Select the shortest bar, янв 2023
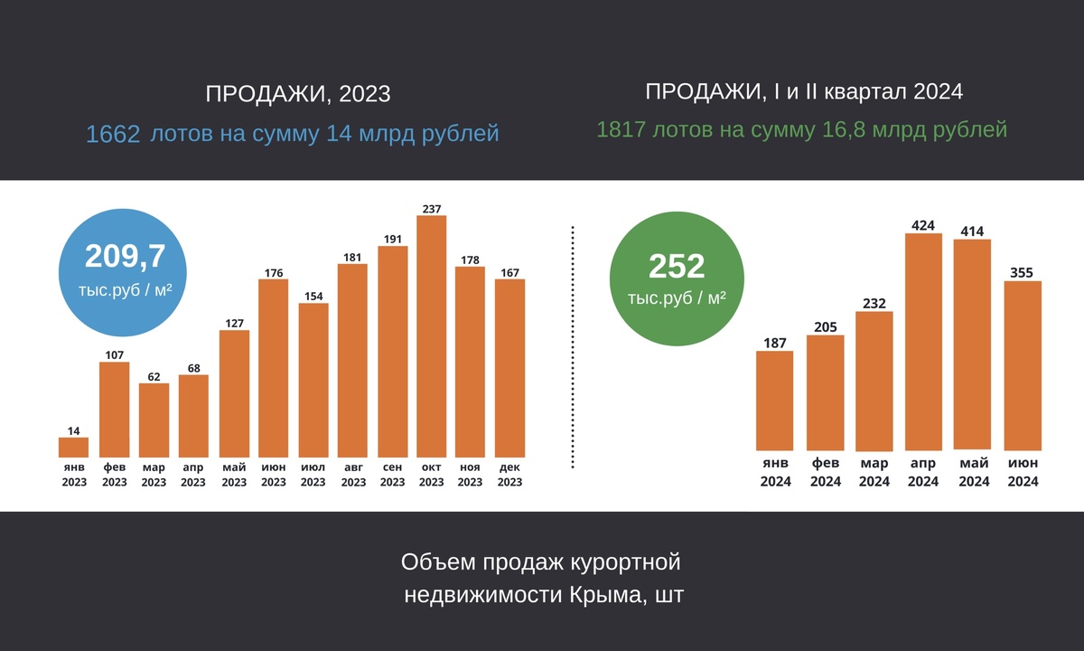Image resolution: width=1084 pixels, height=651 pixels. coord(74,448)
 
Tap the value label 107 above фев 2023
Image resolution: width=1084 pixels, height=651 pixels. coord(114,354)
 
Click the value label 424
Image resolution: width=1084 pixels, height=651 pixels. coord(923,225)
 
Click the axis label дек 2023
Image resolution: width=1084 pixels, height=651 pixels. coord(509,475)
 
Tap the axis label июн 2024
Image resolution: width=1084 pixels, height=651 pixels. coord(1023,472)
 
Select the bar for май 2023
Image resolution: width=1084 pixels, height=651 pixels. coord(234,393)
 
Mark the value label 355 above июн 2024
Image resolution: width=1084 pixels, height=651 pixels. coord(1023,272)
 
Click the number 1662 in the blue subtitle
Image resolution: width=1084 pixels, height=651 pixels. coord(113,135)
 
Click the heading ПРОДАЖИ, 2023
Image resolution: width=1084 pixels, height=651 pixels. coord(298,94)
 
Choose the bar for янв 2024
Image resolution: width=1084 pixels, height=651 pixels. coord(774,400)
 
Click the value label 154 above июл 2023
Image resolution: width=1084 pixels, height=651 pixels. coord(313,296)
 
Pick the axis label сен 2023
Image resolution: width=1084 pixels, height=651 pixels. coord(392,475)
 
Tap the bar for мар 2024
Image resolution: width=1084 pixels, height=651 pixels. coord(874,381)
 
